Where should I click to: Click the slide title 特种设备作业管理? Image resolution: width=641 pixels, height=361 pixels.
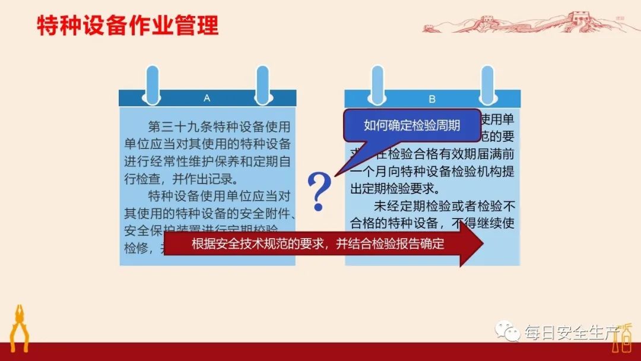point(128,26)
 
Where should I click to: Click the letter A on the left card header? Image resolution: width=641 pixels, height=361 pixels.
point(207,98)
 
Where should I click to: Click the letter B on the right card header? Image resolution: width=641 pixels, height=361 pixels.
point(432,99)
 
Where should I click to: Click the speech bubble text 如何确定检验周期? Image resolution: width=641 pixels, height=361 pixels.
point(412,125)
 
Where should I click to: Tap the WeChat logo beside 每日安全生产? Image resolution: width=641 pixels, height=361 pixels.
point(507,331)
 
